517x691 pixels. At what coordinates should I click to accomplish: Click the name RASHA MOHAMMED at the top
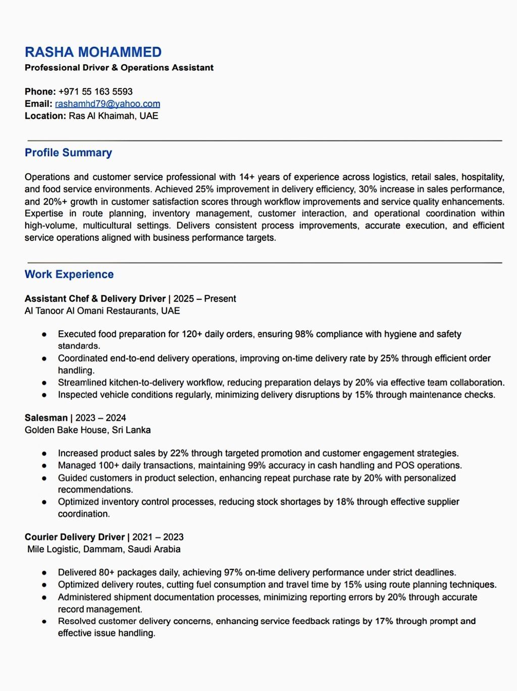[93, 52]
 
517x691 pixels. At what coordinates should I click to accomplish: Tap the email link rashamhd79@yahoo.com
[108, 104]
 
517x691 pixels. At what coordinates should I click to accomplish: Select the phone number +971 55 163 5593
[95, 92]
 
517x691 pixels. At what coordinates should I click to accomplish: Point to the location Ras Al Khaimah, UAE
[114, 116]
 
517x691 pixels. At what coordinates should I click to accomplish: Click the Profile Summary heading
[68, 153]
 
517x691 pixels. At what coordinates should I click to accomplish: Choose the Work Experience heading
[69, 275]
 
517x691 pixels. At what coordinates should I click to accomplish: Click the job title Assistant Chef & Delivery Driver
[95, 299]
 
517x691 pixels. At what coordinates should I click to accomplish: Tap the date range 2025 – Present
[204, 299]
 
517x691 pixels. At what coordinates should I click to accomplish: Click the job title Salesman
[46, 418]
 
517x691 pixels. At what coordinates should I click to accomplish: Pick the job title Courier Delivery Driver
[74, 537]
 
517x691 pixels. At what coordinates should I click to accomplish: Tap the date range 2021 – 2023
[158, 537]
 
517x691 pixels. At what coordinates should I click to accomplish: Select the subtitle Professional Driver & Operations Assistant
[119, 68]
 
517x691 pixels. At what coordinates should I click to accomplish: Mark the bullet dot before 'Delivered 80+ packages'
[44, 573]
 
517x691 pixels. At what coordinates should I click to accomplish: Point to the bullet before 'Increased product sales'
[44, 454]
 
